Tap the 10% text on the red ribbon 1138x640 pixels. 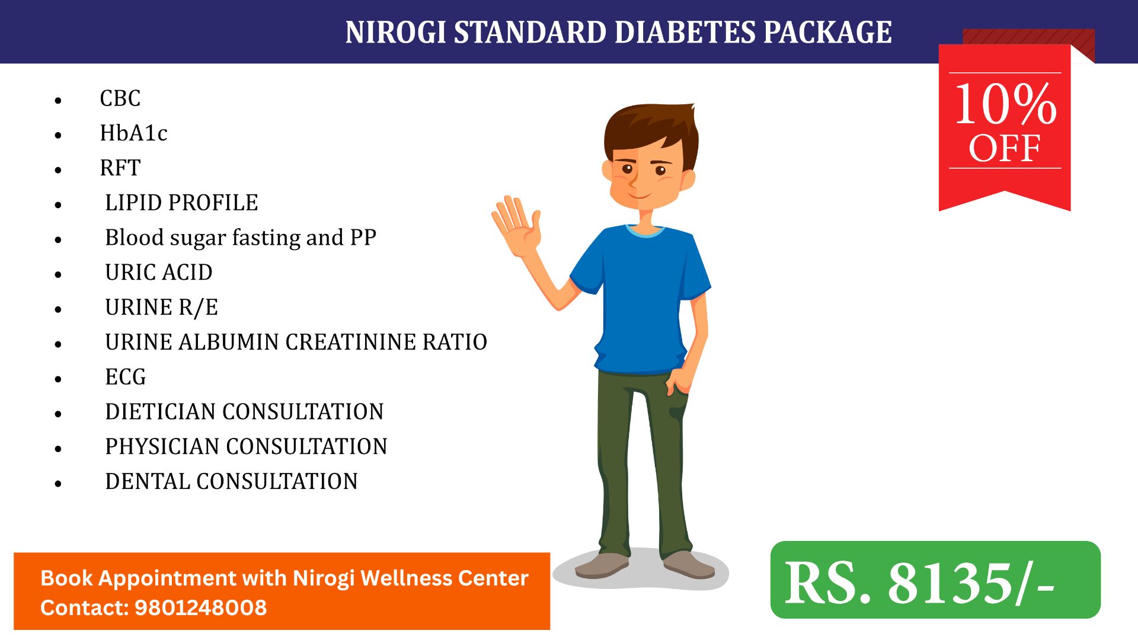pos(1005,104)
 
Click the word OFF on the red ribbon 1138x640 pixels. pos(1005,148)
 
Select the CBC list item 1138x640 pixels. pos(120,98)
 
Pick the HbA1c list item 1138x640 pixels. pos(133,133)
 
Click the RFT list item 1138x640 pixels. pos(120,168)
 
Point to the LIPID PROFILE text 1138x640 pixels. pos(181,203)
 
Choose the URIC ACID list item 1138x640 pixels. pos(159,273)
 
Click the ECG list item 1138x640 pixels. pos(126,377)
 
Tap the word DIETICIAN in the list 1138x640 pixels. pos(160,412)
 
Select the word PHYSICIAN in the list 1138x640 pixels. pos(162,447)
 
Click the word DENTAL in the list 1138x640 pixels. pos(147,482)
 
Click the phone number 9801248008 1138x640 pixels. pos(201,608)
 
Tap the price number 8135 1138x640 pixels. pos(950,583)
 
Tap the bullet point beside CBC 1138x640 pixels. pos(58,100)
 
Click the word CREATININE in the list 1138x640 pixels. pos(350,343)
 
